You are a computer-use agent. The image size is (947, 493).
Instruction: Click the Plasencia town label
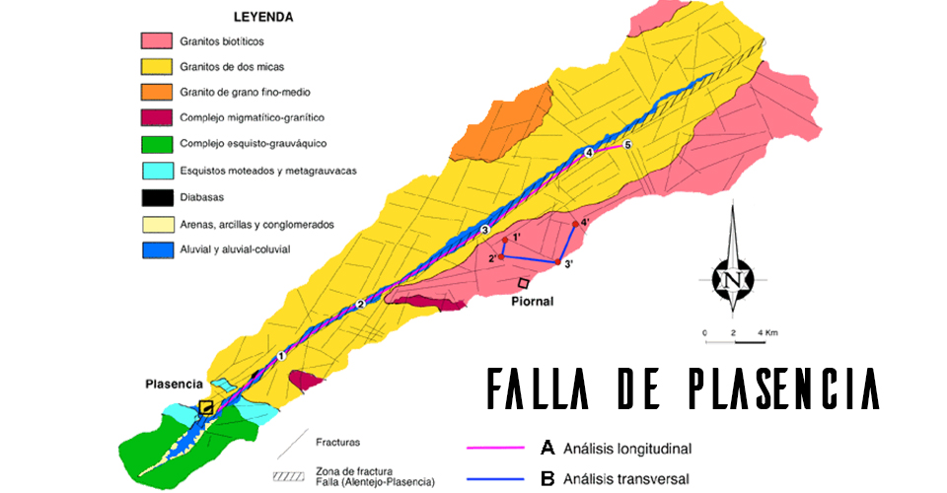point(174,384)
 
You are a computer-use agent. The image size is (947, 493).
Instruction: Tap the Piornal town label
point(534,302)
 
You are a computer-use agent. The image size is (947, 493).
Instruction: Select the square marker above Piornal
point(523,283)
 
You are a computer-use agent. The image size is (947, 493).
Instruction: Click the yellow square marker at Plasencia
point(206,406)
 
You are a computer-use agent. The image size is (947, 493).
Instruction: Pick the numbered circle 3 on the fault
point(484,230)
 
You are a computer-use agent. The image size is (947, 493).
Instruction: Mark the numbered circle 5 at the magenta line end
point(627,146)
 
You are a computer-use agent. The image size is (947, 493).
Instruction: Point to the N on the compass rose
point(733,280)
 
